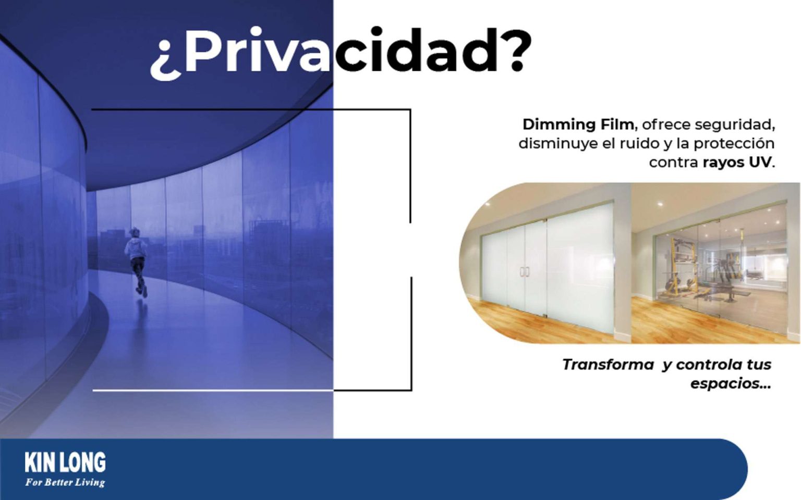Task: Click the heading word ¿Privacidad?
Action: pos(341,52)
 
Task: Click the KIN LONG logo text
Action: pos(65,463)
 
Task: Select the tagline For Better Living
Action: pos(65,482)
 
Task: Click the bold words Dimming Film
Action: pos(578,124)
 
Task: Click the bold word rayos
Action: pos(723,162)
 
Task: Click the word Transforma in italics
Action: pos(608,365)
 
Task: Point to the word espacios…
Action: pos(730,384)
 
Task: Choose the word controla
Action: pos(709,365)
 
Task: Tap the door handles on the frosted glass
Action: pos(524,271)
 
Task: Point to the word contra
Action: pos(673,162)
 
